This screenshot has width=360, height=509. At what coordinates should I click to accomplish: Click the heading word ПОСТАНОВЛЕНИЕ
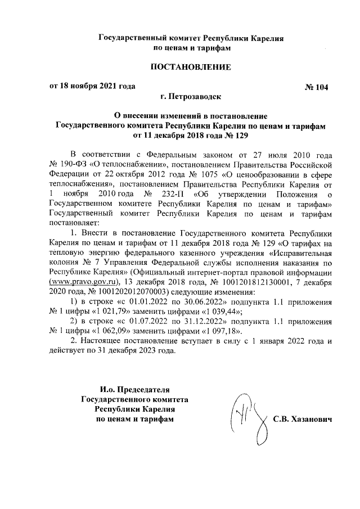coord(190,68)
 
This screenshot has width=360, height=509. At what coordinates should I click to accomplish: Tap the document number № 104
coord(316,88)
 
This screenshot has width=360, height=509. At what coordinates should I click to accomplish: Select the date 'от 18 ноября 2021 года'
coord(93,87)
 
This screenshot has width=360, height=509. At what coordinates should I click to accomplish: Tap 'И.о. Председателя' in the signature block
coord(133,389)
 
